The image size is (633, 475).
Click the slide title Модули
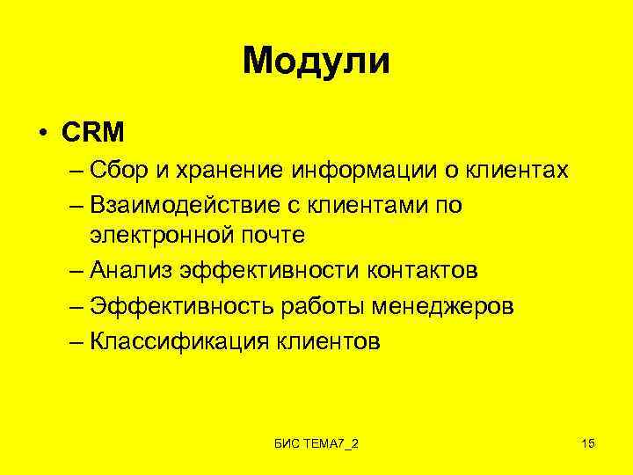coord(316,62)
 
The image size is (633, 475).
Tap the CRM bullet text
coord(93,133)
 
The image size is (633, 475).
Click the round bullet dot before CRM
coord(42,134)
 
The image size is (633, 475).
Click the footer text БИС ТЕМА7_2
coord(316,442)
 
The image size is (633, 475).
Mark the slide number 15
coord(588,442)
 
